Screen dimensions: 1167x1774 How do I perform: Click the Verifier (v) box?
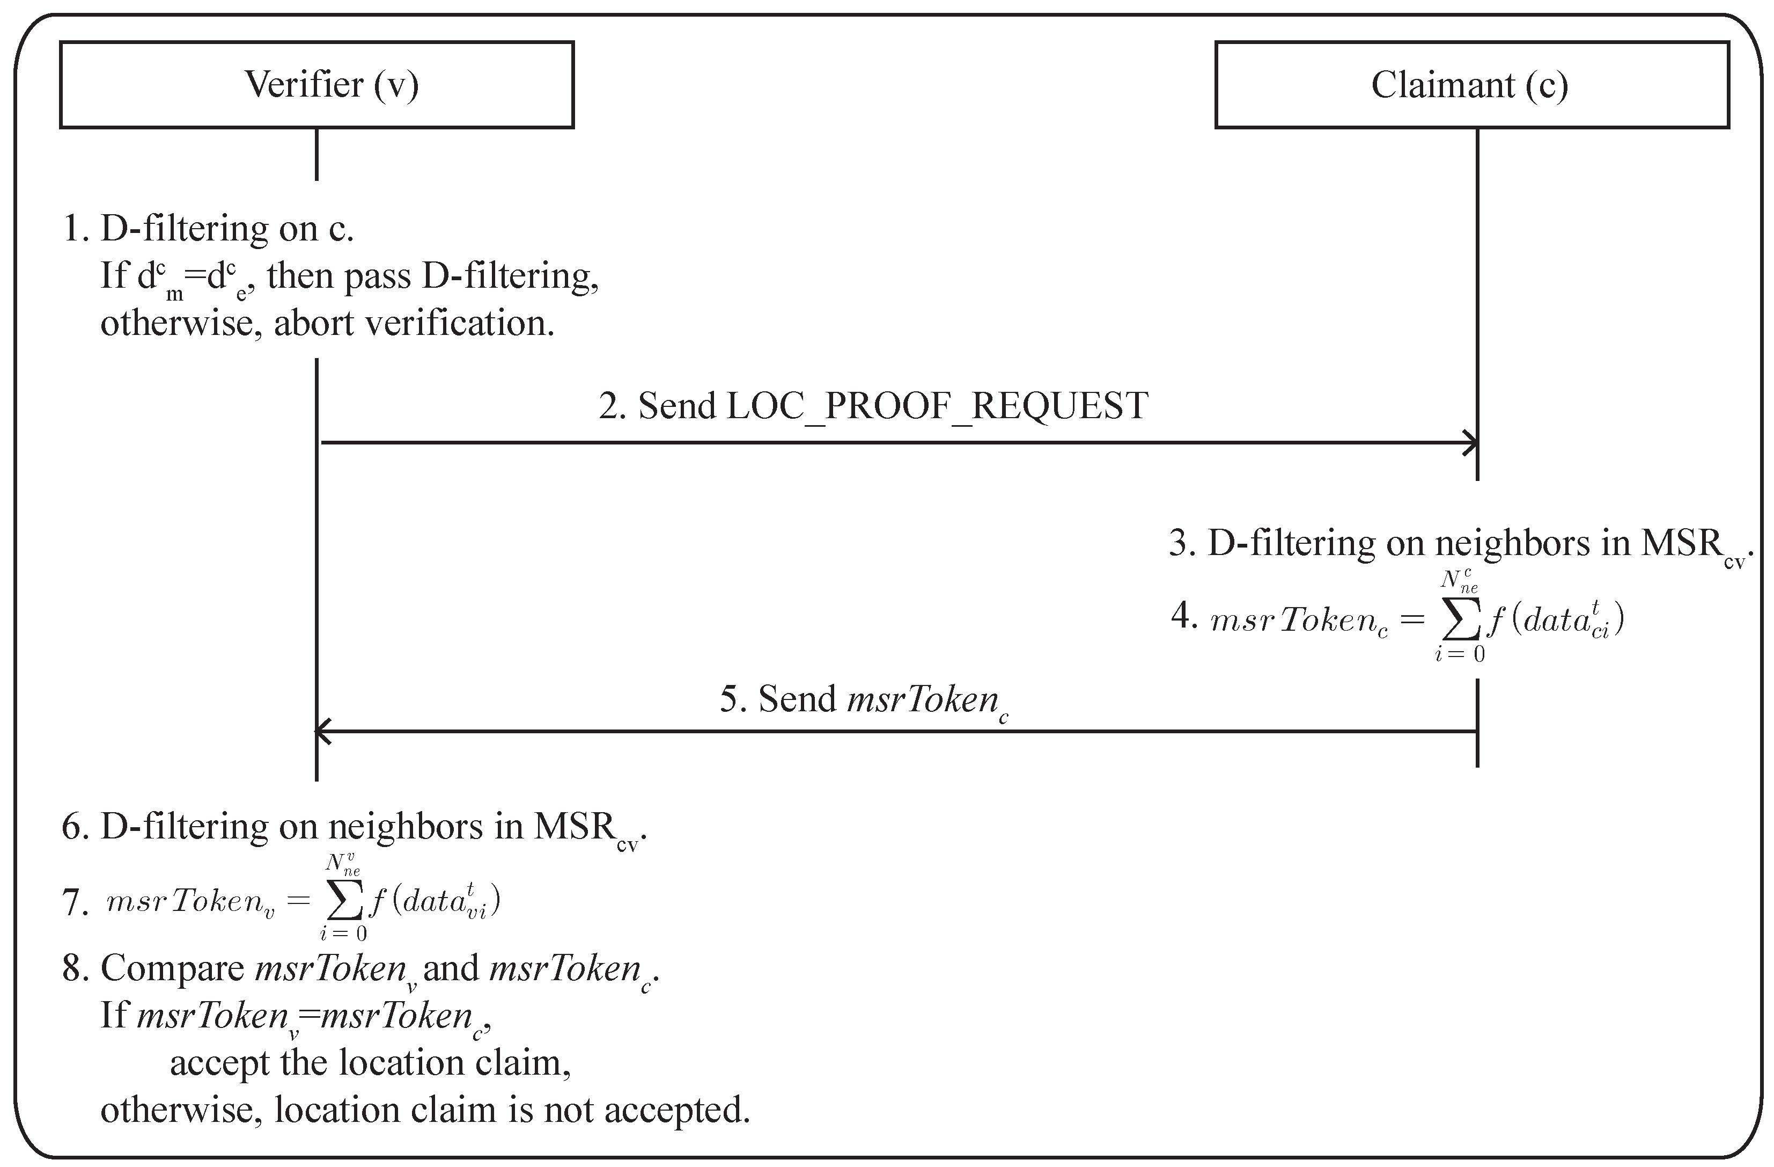[x=317, y=84]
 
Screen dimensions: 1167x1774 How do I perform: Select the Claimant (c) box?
[x=1471, y=84]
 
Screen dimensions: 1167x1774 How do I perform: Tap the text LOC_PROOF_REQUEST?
[x=936, y=406]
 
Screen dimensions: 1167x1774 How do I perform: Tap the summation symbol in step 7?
[x=344, y=901]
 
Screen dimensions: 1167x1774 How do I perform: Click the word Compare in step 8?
[x=172, y=968]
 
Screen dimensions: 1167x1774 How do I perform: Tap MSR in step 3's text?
[x=1681, y=543]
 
